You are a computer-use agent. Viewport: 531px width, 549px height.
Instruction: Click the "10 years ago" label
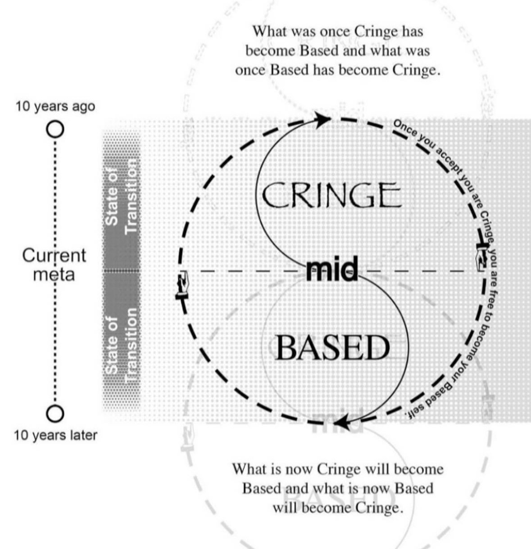[x=55, y=107]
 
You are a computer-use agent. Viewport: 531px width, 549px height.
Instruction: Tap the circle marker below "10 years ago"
[x=54, y=129]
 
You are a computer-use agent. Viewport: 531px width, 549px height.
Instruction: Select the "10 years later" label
[x=55, y=435]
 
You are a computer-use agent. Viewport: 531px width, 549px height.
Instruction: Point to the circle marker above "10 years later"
[x=54, y=413]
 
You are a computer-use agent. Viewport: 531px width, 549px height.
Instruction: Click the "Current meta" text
[x=54, y=264]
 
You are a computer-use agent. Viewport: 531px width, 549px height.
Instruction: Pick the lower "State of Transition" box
[x=122, y=340]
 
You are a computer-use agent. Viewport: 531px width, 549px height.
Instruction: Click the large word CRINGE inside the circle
[x=331, y=195]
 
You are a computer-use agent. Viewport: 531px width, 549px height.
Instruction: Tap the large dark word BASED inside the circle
[x=332, y=347]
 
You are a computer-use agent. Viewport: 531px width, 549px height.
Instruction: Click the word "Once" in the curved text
[x=404, y=128]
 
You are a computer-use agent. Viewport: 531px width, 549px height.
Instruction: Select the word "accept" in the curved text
[x=448, y=162]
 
